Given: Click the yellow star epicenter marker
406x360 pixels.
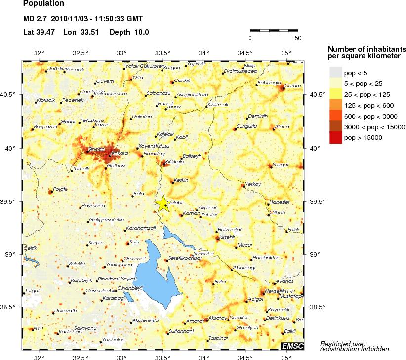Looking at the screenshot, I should coord(163,204).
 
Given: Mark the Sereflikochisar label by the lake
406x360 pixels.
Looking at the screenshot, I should coord(185,258).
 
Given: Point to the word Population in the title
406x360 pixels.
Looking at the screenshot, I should coord(43,3).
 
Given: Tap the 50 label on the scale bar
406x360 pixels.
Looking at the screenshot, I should coord(297,38).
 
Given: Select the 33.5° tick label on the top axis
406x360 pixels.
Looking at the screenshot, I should coord(163,53).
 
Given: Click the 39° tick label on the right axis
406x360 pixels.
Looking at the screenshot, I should coord(313,254).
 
